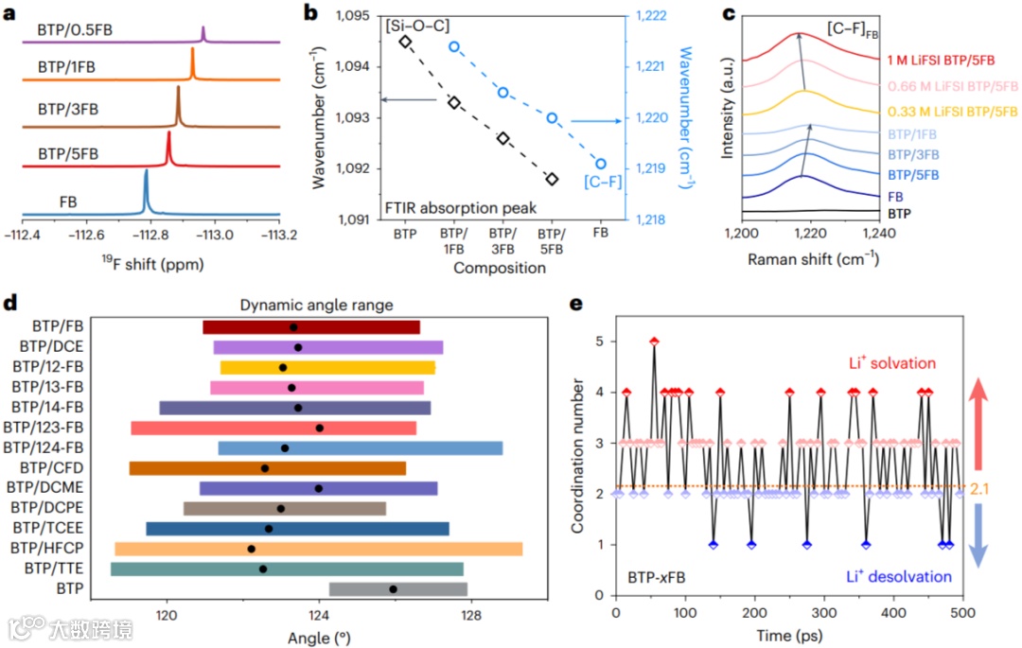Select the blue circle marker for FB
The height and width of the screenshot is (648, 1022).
pos(601,164)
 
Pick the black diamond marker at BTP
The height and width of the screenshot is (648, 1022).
pos(405,41)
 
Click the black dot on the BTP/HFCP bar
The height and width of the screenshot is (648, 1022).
pos(251,549)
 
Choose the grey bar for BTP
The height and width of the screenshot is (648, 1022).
pos(397,589)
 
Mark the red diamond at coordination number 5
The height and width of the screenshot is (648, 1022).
pos(653,342)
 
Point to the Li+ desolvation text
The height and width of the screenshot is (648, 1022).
pos(899,576)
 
